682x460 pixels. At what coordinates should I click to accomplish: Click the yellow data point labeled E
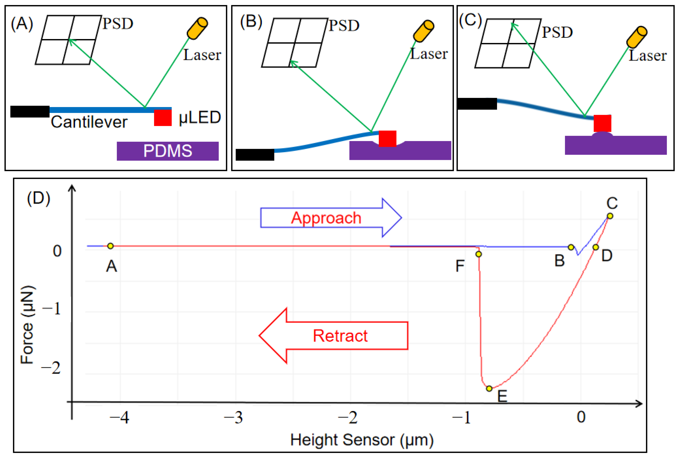pos(489,389)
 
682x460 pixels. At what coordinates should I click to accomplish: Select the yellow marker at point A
pos(110,246)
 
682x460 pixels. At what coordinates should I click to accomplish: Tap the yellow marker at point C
pos(610,216)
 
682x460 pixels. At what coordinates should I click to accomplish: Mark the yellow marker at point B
pos(571,247)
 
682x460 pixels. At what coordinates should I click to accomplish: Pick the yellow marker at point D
pos(596,247)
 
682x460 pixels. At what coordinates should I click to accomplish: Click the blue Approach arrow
pos(331,218)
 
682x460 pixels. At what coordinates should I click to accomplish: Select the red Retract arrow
pos(333,336)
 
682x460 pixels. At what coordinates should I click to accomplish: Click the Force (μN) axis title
pos(28,325)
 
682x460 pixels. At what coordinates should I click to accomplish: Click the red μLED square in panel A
pos(163,118)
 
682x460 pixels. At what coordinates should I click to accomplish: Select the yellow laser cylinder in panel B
pos(423,31)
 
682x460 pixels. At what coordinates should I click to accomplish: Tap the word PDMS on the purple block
pos(168,151)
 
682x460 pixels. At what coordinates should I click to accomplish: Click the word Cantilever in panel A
pos(89,122)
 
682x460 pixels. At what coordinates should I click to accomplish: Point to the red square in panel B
pos(387,139)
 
